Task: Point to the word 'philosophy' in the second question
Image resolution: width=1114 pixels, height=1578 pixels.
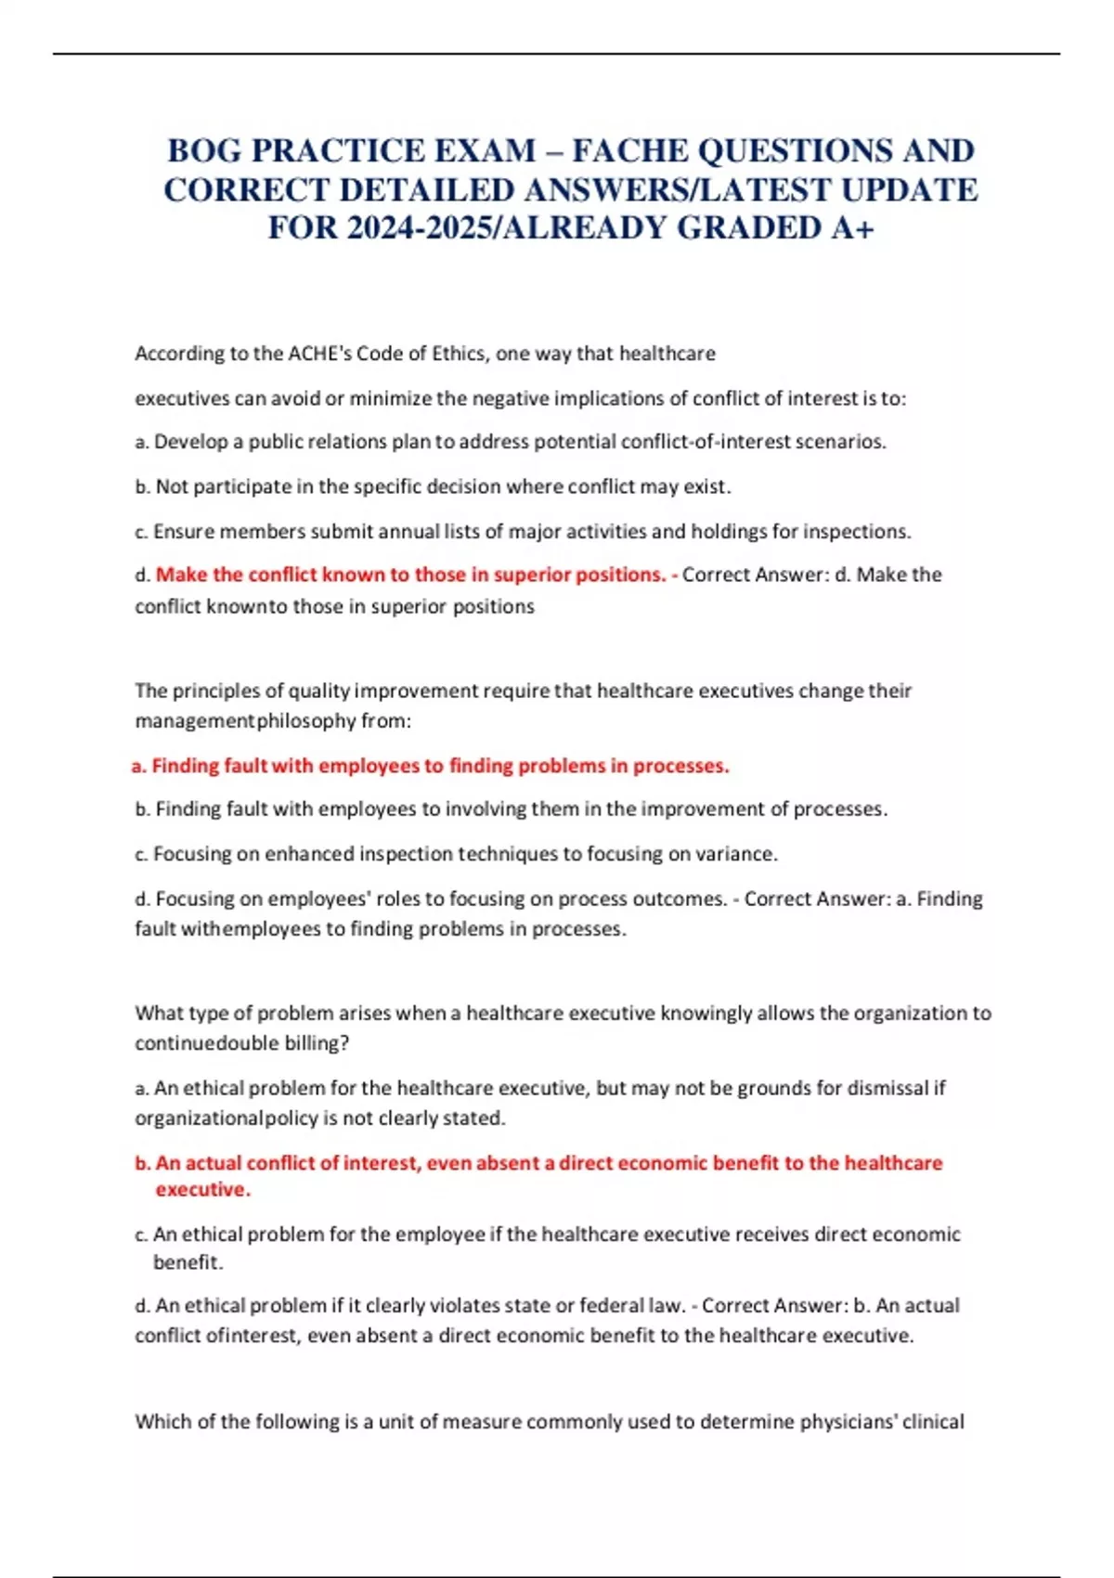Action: pos(306,721)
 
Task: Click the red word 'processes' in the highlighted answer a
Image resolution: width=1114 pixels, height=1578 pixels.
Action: pos(682,766)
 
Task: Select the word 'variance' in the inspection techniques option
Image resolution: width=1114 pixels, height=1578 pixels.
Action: pos(739,854)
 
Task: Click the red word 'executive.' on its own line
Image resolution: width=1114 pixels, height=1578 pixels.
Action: pos(202,1190)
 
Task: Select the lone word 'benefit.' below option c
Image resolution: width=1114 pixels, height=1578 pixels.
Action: pos(188,1262)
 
